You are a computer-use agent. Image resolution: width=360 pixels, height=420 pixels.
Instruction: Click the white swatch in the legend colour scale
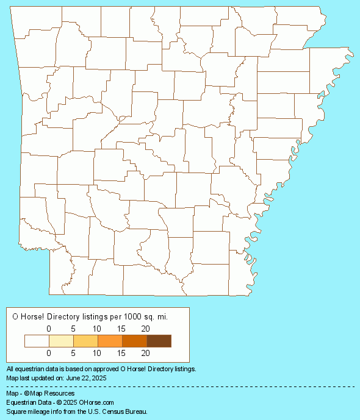(x=37, y=341)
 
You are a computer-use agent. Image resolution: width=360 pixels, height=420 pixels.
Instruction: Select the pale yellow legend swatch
(x=61, y=341)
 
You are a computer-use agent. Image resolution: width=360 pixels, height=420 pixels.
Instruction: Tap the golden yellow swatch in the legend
(x=85, y=341)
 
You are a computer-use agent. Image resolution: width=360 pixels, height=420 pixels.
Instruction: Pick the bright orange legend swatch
(x=110, y=341)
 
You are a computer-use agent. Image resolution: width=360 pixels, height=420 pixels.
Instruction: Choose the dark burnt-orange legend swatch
(x=134, y=341)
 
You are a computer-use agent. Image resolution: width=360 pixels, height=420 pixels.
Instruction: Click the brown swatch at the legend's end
(x=159, y=341)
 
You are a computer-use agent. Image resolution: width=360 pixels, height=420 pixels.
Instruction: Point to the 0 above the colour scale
(x=49, y=329)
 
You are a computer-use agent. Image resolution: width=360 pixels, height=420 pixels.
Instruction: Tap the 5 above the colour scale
(x=73, y=329)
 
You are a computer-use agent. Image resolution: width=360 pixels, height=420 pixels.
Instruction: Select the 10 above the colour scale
(x=96, y=329)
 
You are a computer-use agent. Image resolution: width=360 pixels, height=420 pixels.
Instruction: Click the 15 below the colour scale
(x=121, y=352)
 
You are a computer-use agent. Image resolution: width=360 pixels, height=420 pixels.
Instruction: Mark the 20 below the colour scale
(x=145, y=352)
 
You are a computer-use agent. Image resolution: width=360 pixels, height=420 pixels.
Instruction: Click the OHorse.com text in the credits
(x=96, y=402)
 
